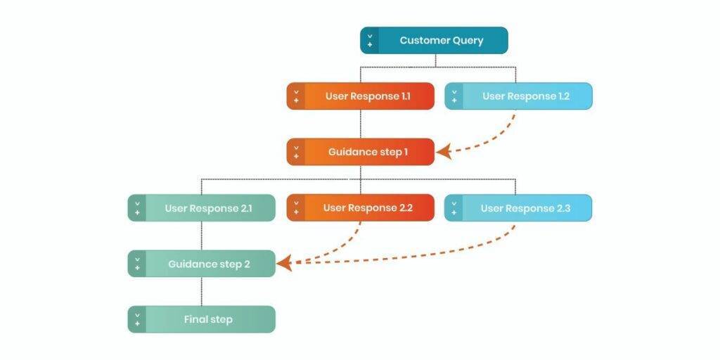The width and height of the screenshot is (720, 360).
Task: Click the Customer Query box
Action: click(434, 40)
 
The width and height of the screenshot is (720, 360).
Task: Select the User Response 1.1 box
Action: click(360, 96)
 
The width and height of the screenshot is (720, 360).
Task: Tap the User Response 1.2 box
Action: click(518, 96)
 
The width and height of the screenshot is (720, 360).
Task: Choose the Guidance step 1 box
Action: click(360, 152)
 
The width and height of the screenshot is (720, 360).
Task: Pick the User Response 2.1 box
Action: click(202, 208)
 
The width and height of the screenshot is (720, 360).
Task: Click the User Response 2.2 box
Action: click(360, 208)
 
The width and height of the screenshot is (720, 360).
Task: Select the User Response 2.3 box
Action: click(518, 208)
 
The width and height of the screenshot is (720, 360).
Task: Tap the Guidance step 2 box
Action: click(202, 264)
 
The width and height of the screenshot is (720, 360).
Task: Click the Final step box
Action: click(202, 319)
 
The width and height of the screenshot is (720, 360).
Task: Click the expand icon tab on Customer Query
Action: click(370, 40)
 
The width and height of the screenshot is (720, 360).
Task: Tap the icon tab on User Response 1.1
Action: click(296, 96)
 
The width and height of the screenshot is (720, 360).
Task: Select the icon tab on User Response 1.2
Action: click(454, 96)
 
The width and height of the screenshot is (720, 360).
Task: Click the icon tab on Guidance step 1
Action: click(296, 152)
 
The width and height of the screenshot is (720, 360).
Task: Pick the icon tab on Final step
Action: click(137, 319)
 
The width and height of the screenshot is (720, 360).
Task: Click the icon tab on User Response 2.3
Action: click(454, 208)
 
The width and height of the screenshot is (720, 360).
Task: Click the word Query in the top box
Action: click(466, 41)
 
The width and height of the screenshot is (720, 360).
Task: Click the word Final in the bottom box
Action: click(195, 319)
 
